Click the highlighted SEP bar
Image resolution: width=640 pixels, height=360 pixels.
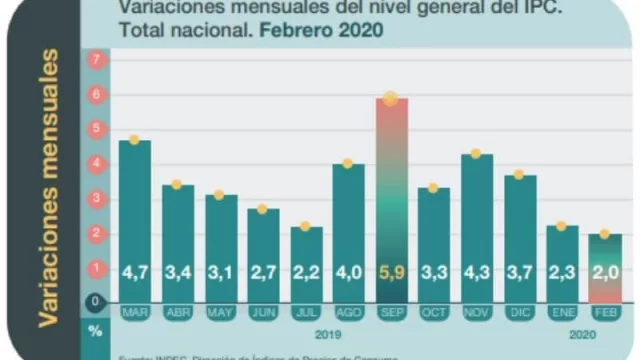point(390,200)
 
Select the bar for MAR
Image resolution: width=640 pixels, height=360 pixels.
point(134,220)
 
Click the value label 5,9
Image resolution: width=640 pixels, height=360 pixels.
point(390,270)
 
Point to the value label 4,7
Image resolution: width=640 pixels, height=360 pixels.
point(134,270)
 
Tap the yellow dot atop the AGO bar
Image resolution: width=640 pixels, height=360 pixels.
point(347,163)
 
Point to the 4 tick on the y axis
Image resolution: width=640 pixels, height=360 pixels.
point(97,164)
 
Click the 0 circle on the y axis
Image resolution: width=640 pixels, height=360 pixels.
point(97,301)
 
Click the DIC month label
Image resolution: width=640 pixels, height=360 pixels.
point(518,313)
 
